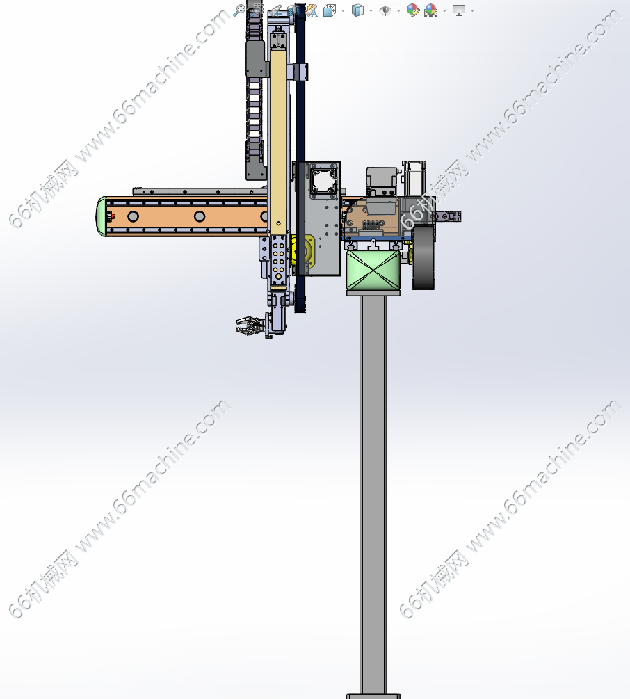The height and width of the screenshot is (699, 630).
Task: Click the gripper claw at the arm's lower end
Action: click(248, 325)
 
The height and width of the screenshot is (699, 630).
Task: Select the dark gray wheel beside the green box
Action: click(423, 257)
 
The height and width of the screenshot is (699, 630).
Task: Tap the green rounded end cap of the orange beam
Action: click(102, 216)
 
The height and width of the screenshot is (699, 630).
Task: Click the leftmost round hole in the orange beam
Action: click(133, 216)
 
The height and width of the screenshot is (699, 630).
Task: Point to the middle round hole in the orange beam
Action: click(199, 216)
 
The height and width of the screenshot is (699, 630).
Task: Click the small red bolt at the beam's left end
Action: click(111, 216)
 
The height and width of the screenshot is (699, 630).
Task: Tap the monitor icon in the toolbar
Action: click(458, 10)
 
